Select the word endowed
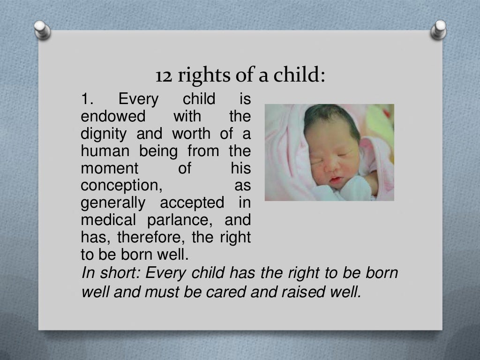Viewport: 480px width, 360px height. (x=113, y=117)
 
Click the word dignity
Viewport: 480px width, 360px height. (x=104, y=135)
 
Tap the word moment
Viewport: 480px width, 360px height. (x=110, y=169)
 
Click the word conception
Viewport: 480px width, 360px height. (x=121, y=186)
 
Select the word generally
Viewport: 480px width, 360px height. (x=113, y=203)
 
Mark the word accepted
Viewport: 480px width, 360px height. (x=192, y=203)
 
